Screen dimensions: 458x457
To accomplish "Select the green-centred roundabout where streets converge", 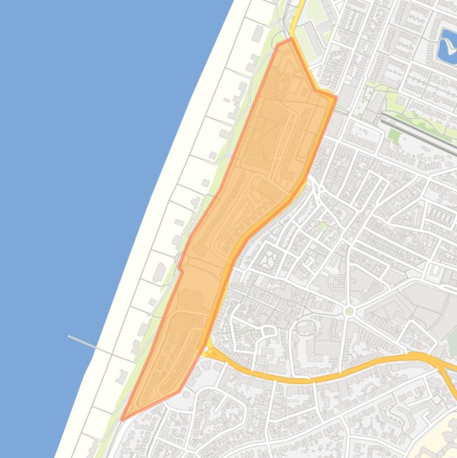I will click(349, 311).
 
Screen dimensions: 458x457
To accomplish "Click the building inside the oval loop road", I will click(305, 327).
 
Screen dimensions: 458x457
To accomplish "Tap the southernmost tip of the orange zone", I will click(122, 419).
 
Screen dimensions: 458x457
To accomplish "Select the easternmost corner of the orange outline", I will click(336, 98).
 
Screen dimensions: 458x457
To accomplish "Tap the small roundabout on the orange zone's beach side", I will click(180, 259).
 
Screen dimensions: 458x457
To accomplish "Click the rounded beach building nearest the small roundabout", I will click(160, 272).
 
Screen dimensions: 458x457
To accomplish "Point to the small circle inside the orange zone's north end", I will click(286, 78).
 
